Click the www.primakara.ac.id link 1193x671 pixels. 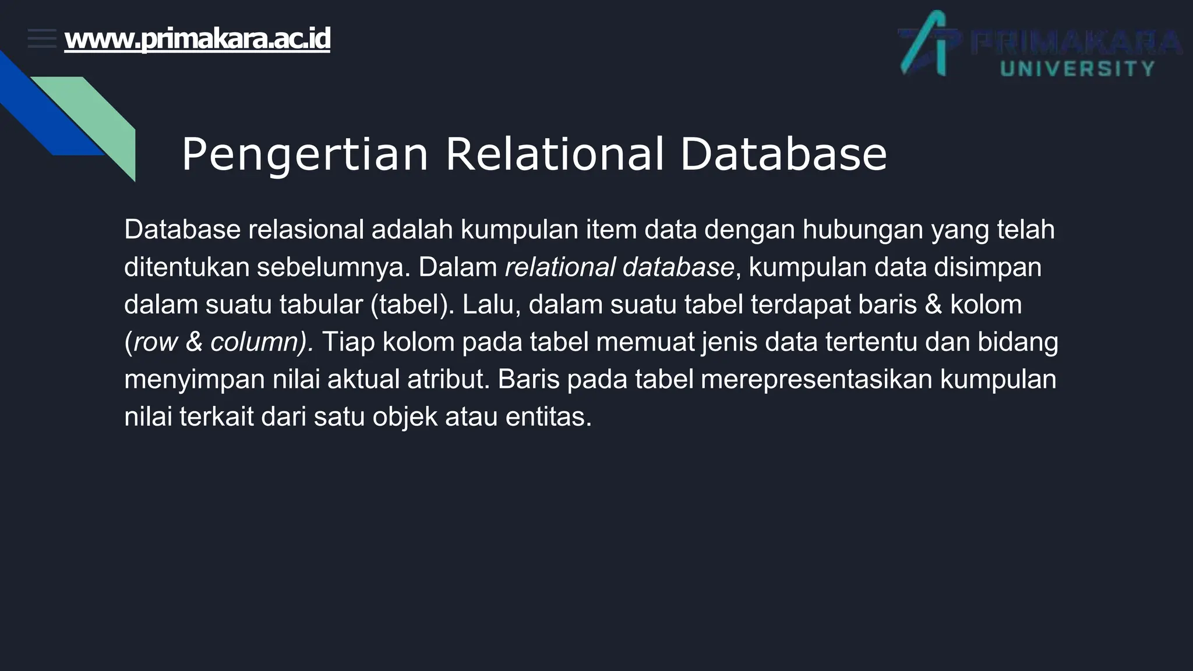click(197, 39)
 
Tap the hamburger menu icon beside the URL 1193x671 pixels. click(42, 38)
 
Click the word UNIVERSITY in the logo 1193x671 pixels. click(1077, 69)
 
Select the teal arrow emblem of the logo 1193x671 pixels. click(926, 44)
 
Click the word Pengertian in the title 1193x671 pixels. click(305, 155)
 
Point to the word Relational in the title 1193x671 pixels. click(554, 155)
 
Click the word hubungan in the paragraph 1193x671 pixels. click(863, 229)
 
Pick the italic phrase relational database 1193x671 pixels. click(619, 267)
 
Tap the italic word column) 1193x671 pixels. click(262, 342)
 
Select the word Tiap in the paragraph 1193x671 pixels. click(348, 342)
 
